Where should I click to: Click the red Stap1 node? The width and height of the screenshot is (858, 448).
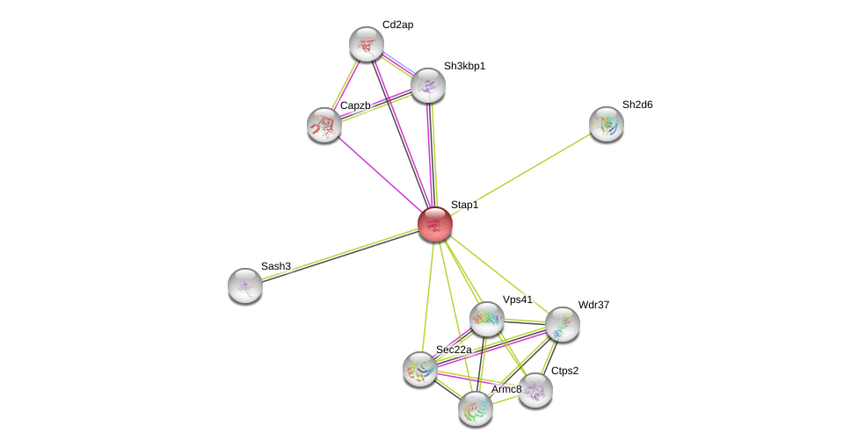pos(434,223)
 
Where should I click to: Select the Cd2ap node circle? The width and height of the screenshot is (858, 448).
pos(366,44)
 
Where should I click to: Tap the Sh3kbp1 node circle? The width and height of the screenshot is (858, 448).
pos(428,85)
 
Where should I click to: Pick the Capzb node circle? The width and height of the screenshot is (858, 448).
pos(324,125)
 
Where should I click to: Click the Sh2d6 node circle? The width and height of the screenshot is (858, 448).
pos(606,124)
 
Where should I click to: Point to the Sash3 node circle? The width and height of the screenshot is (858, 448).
pos(245,285)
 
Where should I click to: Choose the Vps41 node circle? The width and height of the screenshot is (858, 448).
pos(486,319)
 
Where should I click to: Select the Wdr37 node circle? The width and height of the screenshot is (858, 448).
pos(562,324)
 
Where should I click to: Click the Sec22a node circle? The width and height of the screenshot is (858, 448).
pos(420,368)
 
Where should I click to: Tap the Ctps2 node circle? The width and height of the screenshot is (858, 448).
pos(534,390)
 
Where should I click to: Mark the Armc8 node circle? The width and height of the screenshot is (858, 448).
pos(475,408)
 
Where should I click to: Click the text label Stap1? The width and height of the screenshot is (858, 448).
pos(464,205)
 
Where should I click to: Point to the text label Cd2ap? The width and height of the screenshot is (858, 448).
pos(397,25)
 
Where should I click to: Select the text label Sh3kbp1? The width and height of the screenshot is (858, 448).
pos(464,66)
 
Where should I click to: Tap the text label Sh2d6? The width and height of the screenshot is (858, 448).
pos(637,105)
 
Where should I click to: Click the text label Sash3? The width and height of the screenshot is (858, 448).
pos(275,266)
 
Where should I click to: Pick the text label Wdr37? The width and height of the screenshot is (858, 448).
pos(593,305)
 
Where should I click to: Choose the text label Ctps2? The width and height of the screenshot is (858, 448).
pos(564,371)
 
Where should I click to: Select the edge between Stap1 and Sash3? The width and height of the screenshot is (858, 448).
pos(339,254)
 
